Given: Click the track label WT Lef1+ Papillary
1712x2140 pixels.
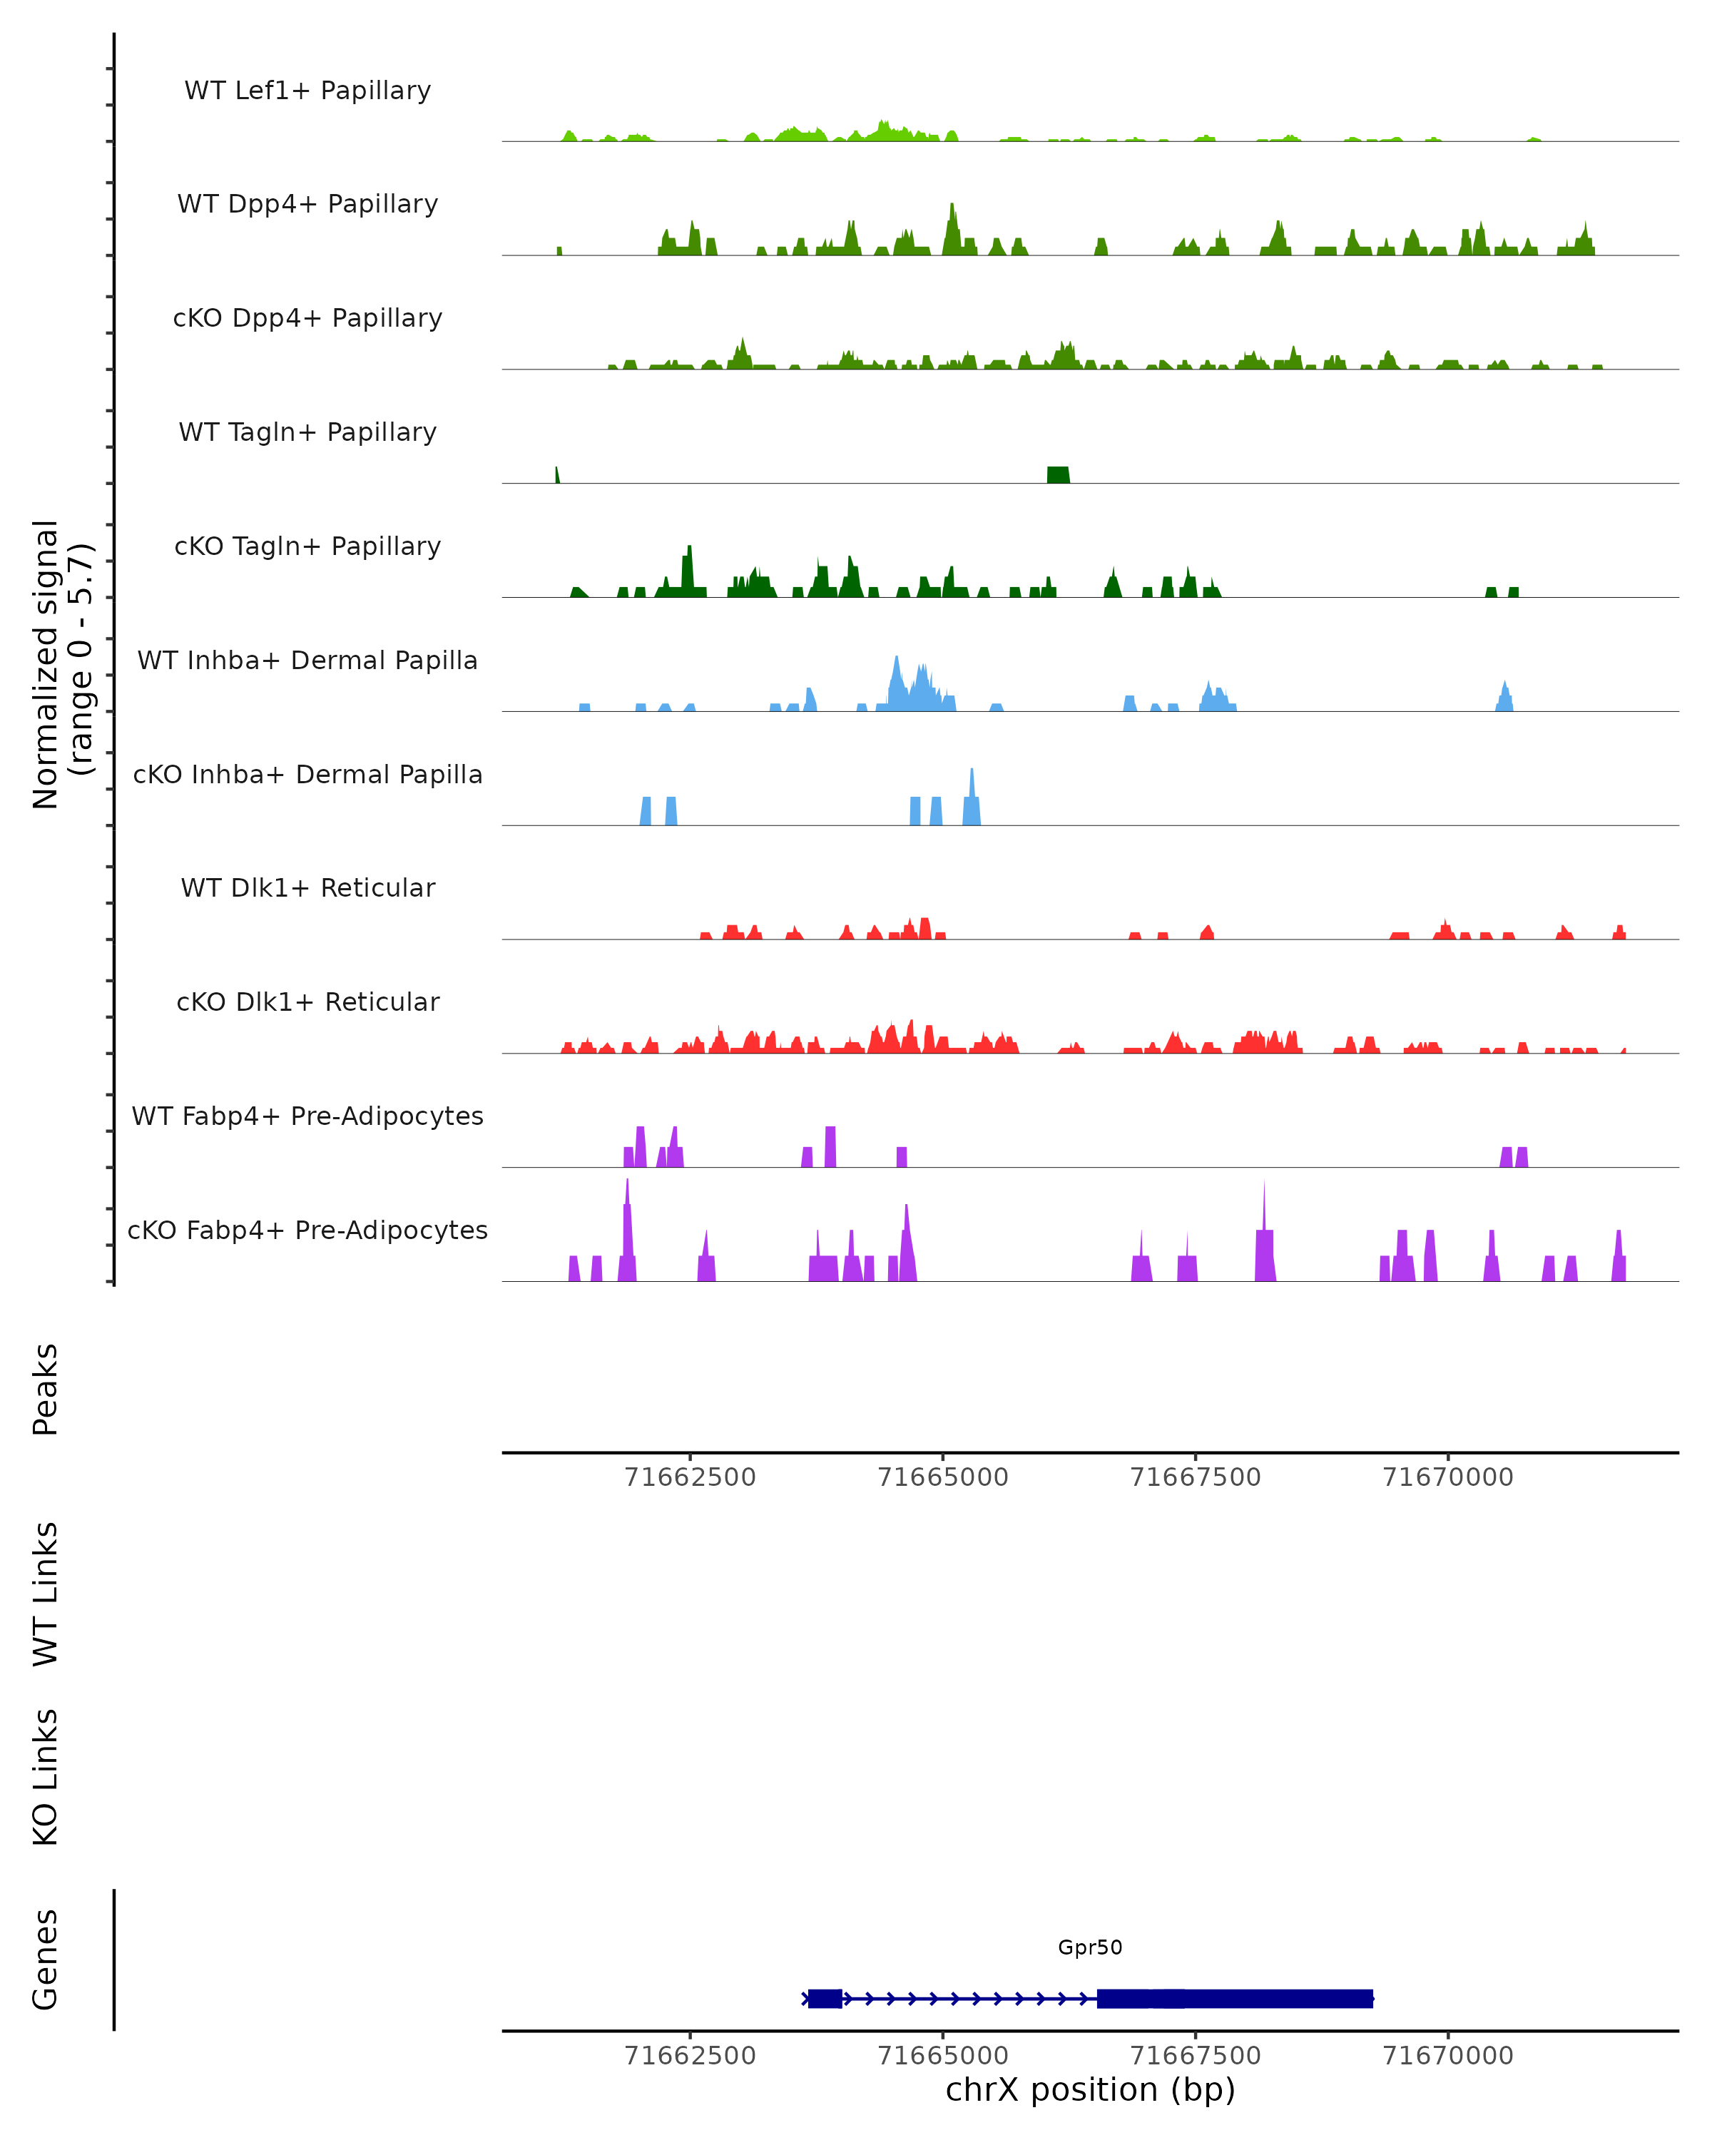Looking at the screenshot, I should pos(307,91).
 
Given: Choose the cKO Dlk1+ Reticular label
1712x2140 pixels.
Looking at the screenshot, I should pos(307,1002).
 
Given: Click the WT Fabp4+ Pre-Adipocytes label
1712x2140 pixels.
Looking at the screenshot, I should pos(307,1116).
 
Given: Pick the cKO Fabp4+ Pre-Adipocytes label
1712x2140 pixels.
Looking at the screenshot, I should pos(307,1230).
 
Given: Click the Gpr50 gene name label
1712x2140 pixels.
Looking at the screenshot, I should pos(1090,1947).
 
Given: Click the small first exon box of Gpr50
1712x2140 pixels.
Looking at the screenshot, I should pos(825,1998).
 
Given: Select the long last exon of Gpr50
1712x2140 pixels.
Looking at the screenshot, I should pos(1235,1998).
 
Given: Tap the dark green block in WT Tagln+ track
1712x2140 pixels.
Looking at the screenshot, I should pos(1058,474).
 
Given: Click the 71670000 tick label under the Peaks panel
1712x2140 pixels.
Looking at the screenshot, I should pos(1448,1477).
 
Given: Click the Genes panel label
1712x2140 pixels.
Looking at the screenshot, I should pos(46,1960).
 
